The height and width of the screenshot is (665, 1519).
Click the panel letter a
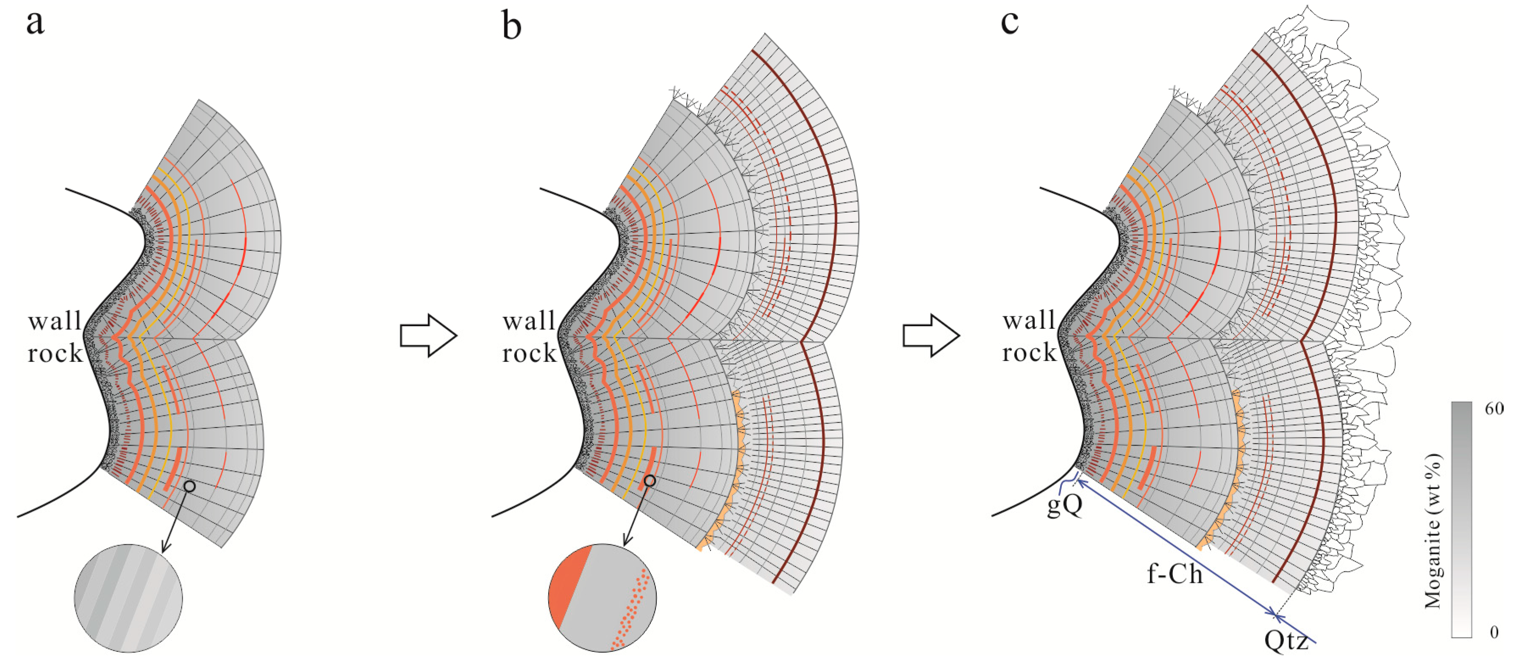point(36,24)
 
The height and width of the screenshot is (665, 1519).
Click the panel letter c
point(1010,24)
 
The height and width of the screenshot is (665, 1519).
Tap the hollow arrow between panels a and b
point(428,335)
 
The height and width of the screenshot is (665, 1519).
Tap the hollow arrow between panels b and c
point(931,335)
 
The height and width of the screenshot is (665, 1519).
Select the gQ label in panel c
point(1065,505)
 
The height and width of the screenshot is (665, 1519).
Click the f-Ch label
point(1175,574)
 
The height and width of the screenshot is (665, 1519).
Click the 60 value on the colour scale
point(1494,409)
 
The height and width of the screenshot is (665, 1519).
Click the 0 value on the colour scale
point(1494,632)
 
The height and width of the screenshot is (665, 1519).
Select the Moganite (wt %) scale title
point(1433,531)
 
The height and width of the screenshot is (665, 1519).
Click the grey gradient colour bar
point(1461,519)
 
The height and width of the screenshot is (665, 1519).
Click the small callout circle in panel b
point(649,481)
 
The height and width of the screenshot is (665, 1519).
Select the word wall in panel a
point(55,321)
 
